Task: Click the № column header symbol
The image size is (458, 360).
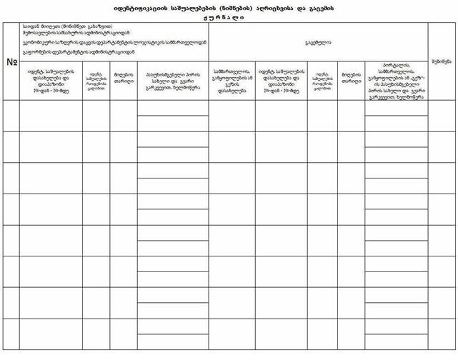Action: pos(11,61)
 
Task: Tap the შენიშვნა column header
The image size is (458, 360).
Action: pos(441,62)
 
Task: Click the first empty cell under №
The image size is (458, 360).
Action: pos(11,116)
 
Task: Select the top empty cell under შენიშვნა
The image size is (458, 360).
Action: pos(442,116)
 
